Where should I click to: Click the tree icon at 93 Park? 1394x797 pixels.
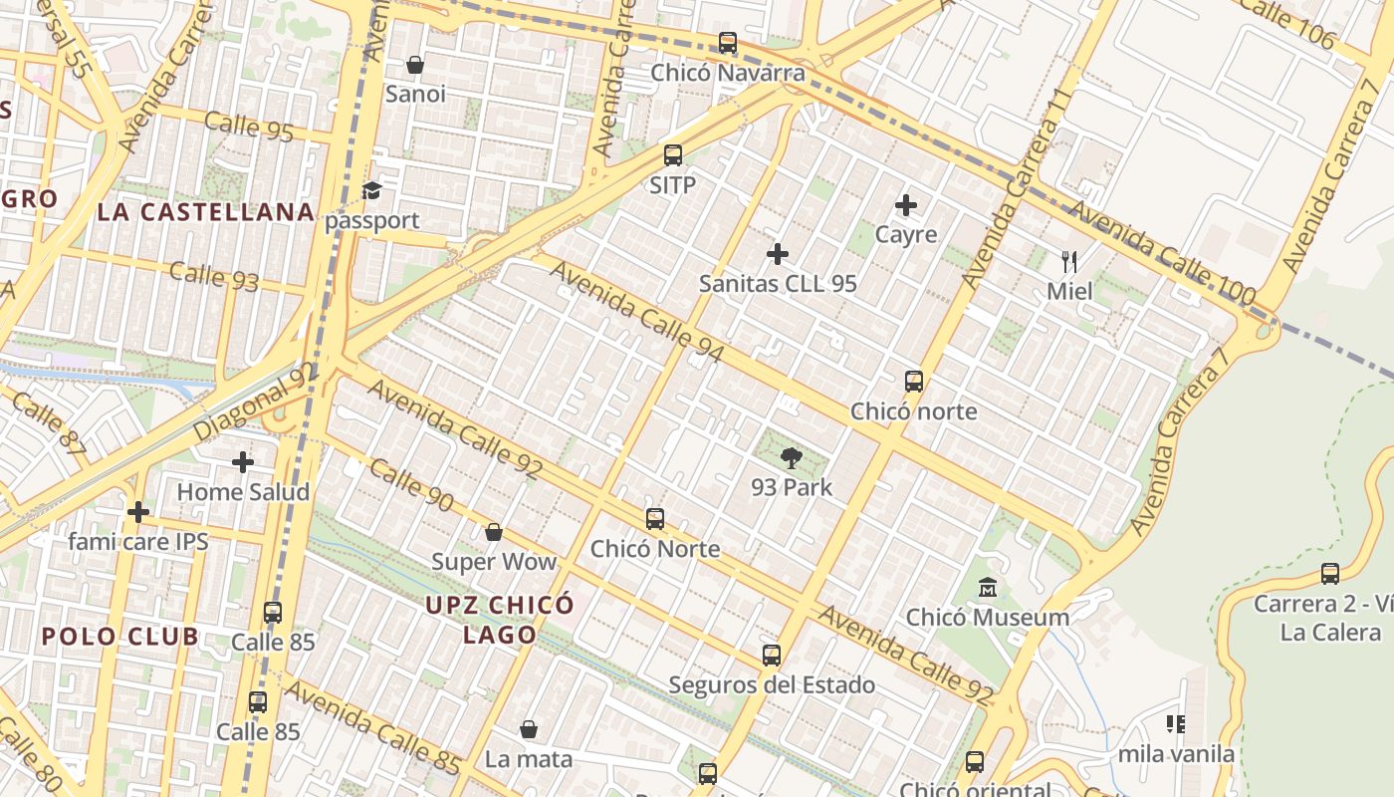[x=792, y=458]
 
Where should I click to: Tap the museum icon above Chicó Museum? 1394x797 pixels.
[x=987, y=588]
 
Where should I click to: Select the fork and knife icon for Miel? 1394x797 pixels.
[x=1069, y=262]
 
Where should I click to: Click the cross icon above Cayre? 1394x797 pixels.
[x=905, y=205]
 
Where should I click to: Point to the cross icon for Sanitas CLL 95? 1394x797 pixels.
[x=778, y=254]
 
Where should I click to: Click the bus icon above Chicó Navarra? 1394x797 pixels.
[x=728, y=43]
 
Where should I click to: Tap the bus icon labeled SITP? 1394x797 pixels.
[x=672, y=155]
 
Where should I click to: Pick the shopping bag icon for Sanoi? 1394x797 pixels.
[x=415, y=65]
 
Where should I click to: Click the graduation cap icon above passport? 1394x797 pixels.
[x=372, y=190]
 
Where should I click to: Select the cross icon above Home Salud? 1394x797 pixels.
[x=242, y=462]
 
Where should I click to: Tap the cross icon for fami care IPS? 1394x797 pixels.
[x=137, y=512]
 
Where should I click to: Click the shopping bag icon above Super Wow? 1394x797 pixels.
[x=493, y=532]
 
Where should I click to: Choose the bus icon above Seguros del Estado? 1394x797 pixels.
[x=771, y=655]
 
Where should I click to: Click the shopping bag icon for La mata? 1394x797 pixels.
[x=529, y=729]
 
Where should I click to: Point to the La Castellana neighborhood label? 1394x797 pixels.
[x=206, y=212]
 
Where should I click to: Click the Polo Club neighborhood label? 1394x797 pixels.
[x=120, y=637]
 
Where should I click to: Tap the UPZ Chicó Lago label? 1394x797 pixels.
[x=500, y=619]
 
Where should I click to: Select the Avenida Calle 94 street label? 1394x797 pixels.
[x=637, y=312]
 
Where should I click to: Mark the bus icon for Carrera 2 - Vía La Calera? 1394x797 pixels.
[x=1330, y=574]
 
